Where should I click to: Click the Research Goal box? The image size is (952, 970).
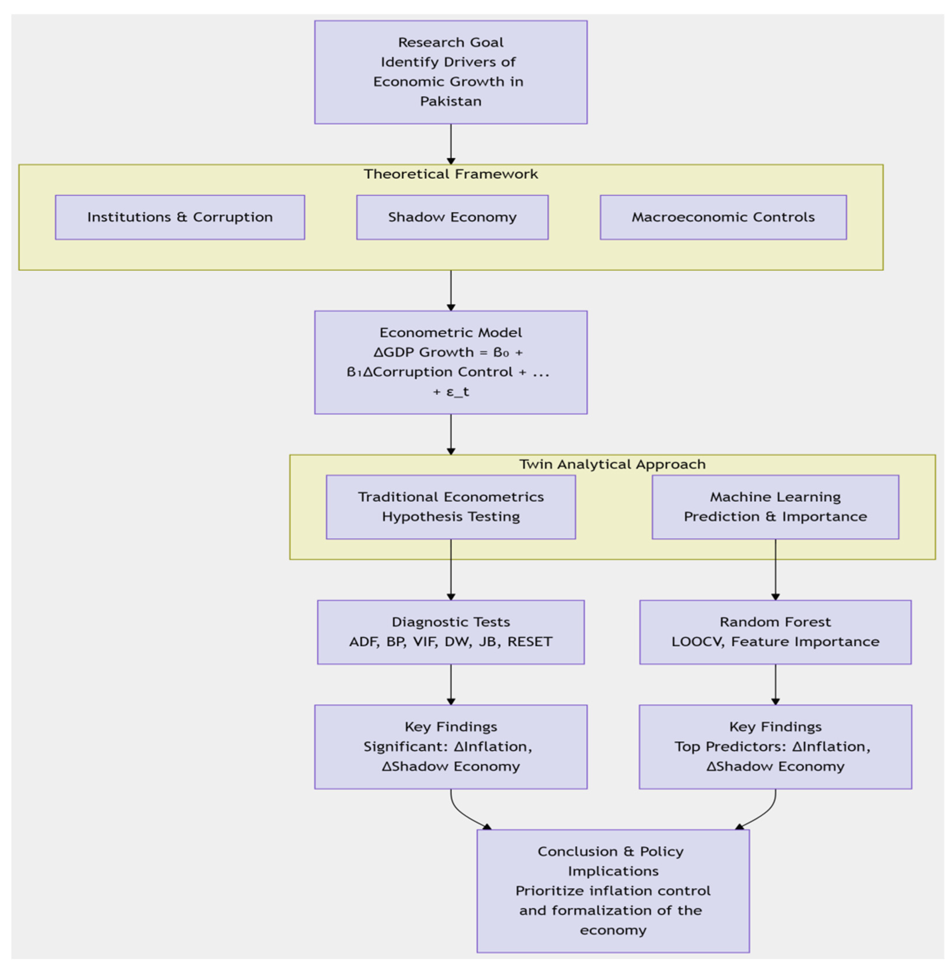point(450,72)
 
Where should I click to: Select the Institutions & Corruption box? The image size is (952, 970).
point(180,217)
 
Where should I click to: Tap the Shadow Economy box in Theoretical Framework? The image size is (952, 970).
point(452,217)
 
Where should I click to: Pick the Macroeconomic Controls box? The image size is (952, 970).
point(723,217)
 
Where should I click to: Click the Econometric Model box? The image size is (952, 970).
point(450,362)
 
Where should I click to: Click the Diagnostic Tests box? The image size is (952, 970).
point(450,632)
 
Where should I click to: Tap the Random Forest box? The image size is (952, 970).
point(775,632)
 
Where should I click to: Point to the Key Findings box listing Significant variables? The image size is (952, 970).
point(450,746)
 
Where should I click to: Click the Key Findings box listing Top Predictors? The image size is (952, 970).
point(775,746)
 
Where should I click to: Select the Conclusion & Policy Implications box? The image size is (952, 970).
point(613,891)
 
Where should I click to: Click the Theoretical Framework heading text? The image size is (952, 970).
point(450,174)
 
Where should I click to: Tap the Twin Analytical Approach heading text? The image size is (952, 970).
point(612,464)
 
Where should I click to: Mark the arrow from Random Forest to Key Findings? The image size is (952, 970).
point(775,685)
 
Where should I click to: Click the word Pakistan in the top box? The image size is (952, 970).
point(450,102)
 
